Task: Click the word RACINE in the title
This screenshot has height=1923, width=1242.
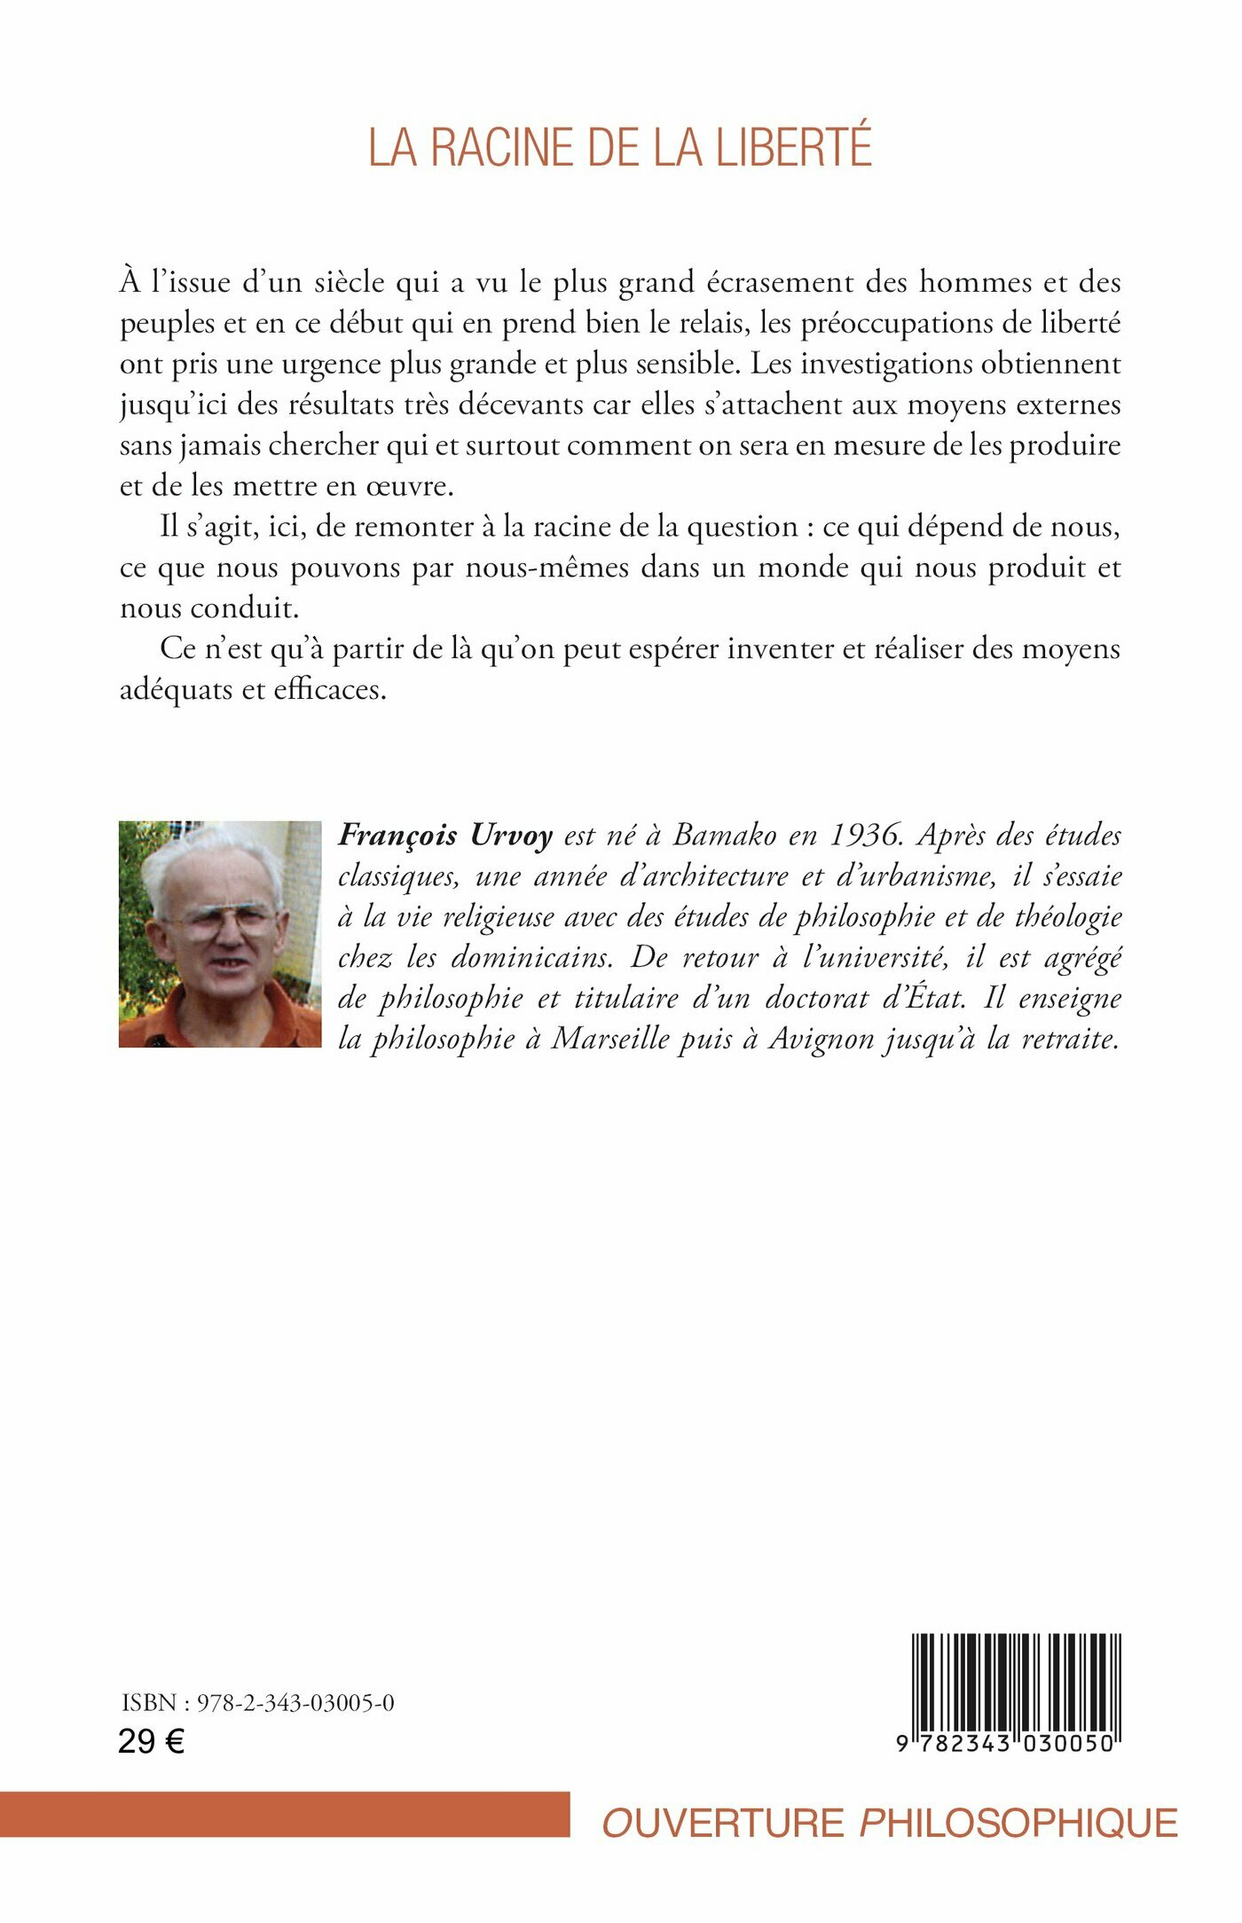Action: (x=501, y=147)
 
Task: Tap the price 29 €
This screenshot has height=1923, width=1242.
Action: (x=151, y=1742)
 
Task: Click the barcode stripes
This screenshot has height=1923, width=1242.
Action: (x=1016, y=1682)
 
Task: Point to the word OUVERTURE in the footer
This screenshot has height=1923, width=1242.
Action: (x=723, y=1823)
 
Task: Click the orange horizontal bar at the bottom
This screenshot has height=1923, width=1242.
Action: (x=284, y=1814)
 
